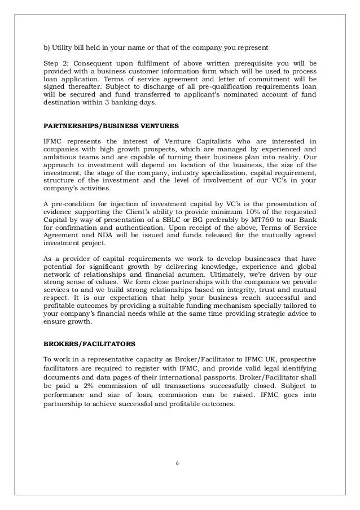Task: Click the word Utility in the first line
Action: tap(62, 45)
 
